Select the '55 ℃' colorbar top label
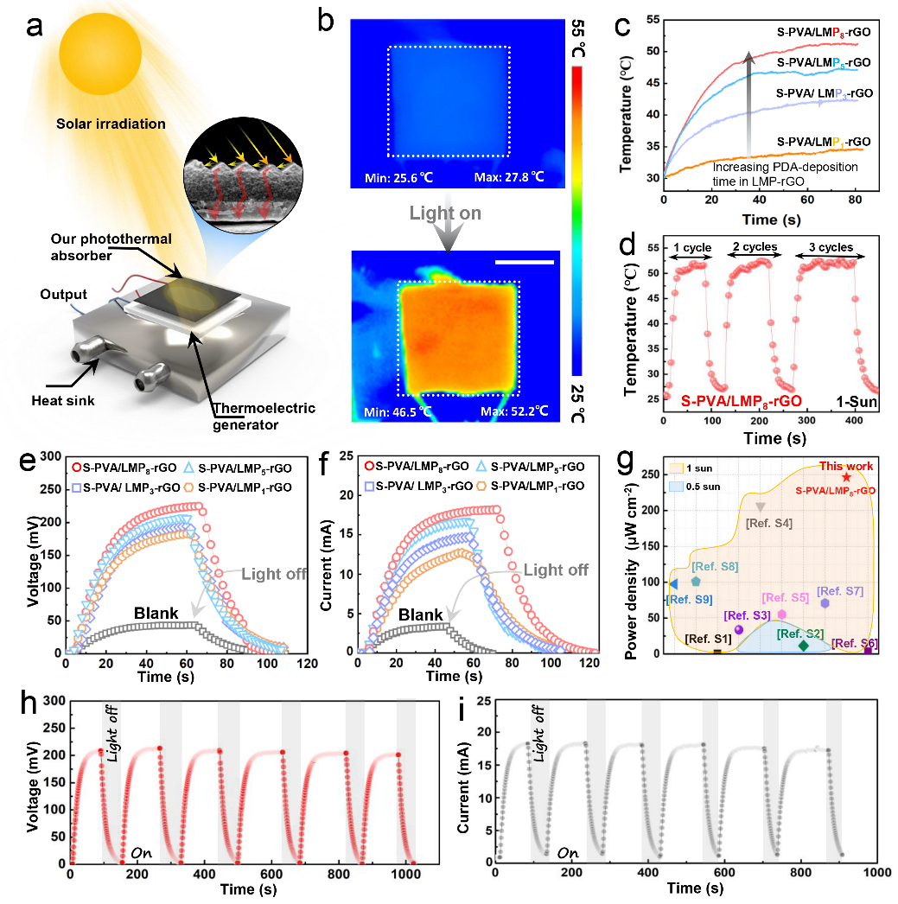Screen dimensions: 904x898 point(576,39)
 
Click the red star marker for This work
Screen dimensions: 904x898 point(846,476)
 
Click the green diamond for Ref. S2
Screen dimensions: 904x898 point(803,646)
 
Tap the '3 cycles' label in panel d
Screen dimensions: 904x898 point(831,246)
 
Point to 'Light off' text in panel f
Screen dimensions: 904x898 point(556,570)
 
